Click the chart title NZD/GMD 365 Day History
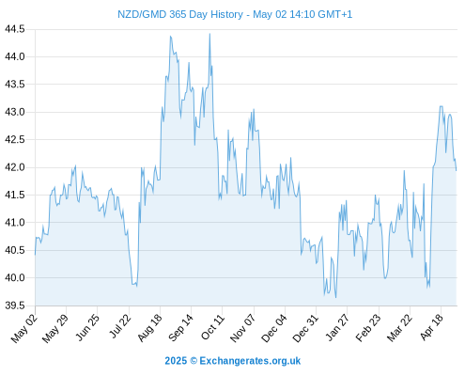180,14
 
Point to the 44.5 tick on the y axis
15,29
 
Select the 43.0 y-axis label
15,112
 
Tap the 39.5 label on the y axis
15,305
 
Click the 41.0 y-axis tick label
15,223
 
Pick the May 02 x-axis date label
24,328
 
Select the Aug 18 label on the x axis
149,327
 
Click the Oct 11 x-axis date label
212,327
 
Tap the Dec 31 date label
305,328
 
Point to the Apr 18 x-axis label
431,327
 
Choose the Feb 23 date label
368,328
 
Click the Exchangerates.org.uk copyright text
250,361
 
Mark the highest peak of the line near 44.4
209,34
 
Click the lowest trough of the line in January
335,297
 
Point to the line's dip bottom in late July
136,286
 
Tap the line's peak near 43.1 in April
441,106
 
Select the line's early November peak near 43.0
254,109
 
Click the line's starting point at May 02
35,255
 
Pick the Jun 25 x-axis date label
87,327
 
